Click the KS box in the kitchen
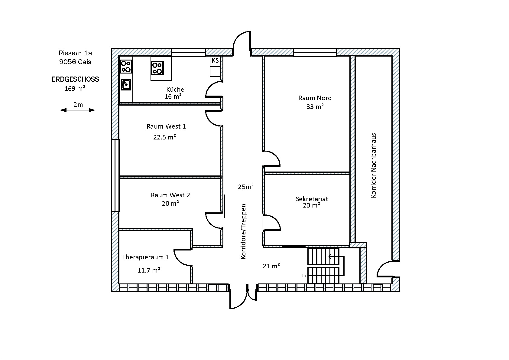215,61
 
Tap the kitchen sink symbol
126,85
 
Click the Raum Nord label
315,98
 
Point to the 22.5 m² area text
164,137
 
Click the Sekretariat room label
312,199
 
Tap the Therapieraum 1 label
145,257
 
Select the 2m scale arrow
78,110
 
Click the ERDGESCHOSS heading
75,79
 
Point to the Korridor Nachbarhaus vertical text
374,165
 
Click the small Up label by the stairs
303,276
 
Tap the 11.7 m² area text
149,270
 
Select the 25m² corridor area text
245,187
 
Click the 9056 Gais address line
75,62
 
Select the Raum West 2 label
170,195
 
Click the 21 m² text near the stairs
271,266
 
